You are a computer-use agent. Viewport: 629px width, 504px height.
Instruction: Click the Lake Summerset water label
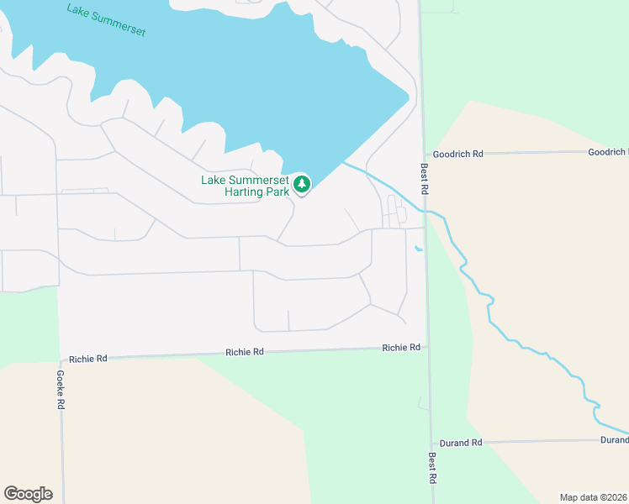106,20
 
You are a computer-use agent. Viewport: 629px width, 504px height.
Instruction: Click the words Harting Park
257,192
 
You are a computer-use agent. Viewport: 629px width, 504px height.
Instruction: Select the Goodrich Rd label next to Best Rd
457,155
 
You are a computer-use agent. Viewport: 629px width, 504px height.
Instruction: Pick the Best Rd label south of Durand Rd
432,468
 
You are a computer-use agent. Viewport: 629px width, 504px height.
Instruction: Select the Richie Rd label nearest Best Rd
400,347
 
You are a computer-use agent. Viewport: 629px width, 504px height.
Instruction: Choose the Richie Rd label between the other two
245,352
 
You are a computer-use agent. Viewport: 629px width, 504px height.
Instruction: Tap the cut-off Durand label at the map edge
614,440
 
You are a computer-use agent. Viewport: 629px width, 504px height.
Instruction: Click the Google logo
28,494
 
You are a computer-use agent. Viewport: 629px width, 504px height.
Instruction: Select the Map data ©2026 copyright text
594,496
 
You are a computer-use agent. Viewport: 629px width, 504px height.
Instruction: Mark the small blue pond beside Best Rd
419,248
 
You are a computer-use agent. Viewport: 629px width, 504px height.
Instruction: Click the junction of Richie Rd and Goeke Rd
60,359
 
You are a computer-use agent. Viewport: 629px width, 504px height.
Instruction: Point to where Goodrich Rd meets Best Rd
423,155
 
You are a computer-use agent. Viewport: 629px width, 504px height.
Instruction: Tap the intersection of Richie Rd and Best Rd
428,346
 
